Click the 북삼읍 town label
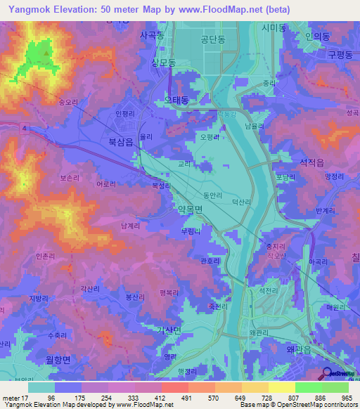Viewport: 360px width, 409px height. point(121,141)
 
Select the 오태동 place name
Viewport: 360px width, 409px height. point(176,100)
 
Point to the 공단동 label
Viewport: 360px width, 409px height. point(212,40)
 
